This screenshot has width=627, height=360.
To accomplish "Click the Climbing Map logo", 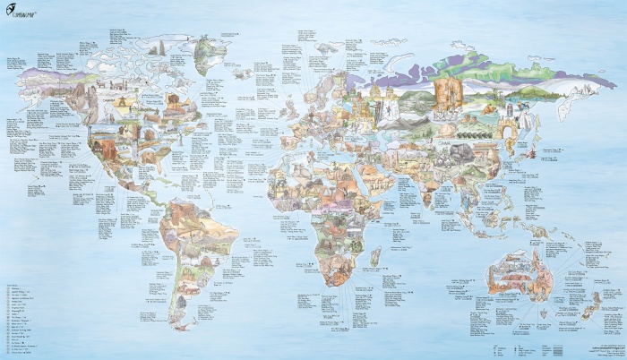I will pos(26,14).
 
